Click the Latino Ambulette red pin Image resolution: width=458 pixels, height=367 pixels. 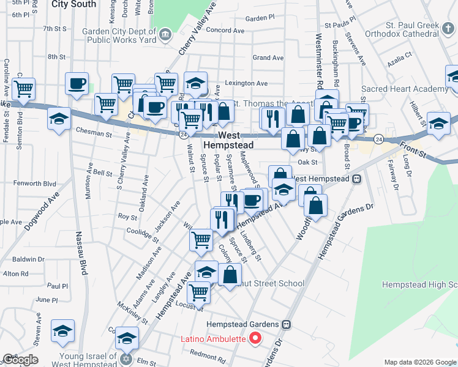[256, 338]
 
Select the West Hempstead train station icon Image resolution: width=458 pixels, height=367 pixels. [356, 179]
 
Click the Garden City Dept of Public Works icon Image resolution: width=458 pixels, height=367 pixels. [165, 35]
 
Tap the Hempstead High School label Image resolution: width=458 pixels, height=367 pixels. [419, 285]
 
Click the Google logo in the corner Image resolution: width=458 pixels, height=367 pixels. [20, 360]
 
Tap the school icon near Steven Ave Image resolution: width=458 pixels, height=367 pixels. [63, 331]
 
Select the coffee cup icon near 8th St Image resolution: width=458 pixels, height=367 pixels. [77, 83]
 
